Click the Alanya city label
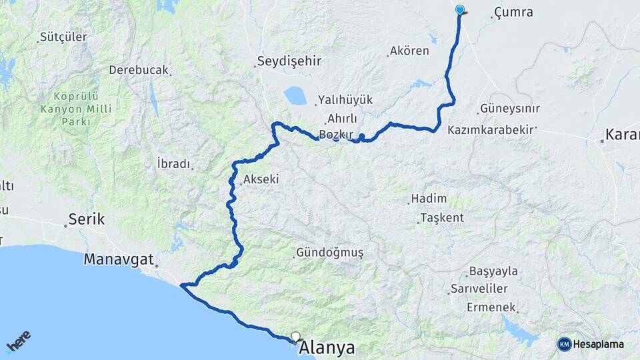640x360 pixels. click(x=327, y=348)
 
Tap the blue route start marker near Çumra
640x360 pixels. click(x=459, y=9)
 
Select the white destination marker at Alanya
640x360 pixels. click(x=295, y=337)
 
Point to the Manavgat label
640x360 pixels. click(x=119, y=259)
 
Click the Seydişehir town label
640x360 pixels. click(x=289, y=61)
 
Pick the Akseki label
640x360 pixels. click(x=261, y=179)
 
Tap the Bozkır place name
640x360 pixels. click(x=335, y=134)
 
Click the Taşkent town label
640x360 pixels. click(x=441, y=218)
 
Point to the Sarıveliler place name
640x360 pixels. click(x=479, y=289)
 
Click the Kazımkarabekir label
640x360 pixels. click(x=491, y=129)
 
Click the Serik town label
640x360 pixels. click(x=87, y=219)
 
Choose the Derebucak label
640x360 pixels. click(x=139, y=70)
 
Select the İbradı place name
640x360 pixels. click(x=173, y=163)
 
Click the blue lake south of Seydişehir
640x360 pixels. click(x=295, y=95)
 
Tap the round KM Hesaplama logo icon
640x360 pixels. click(x=565, y=344)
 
